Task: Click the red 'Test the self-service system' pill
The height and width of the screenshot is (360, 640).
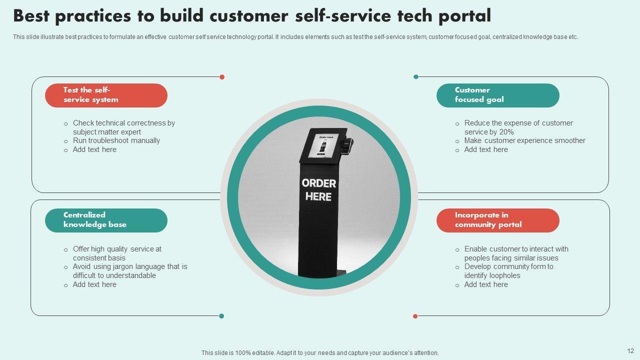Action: (x=106, y=95)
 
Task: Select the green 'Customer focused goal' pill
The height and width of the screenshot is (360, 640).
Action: (x=497, y=95)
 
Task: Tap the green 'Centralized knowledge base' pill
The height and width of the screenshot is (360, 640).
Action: (x=106, y=220)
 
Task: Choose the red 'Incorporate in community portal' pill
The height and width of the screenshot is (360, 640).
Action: (x=497, y=220)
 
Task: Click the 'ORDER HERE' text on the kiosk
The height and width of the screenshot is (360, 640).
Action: (x=319, y=189)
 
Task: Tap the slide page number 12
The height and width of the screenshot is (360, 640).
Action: (x=630, y=351)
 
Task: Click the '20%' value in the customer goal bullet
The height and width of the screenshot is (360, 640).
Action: (x=506, y=132)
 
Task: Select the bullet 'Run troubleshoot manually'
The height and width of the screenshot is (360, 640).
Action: (x=116, y=140)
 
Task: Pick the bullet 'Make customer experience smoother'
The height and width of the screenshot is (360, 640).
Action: (x=524, y=140)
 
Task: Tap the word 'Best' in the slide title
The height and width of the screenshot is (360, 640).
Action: (x=31, y=16)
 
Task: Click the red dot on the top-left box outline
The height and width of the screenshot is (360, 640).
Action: (x=222, y=77)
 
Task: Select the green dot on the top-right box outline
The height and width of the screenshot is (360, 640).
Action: (x=416, y=77)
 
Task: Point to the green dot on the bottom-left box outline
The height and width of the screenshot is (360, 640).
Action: (x=221, y=316)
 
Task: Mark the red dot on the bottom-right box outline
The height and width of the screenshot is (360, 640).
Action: (x=415, y=316)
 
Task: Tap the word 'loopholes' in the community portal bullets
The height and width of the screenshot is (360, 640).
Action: (x=500, y=275)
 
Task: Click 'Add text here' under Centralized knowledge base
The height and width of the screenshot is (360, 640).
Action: (x=94, y=284)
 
